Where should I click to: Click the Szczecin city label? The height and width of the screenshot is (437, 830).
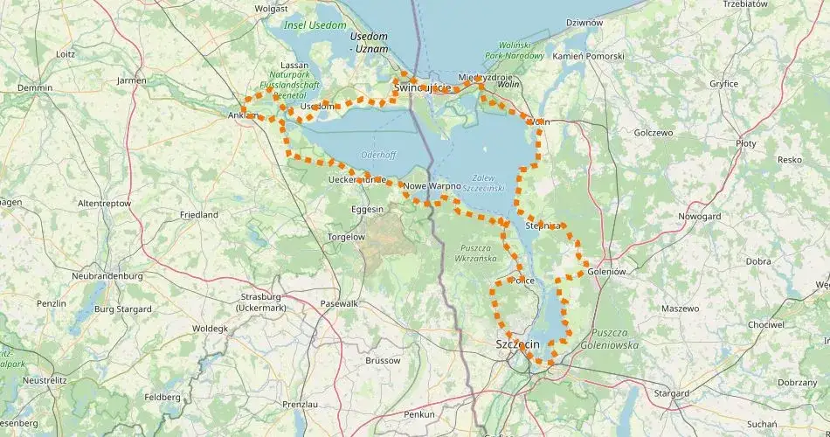pyautogui.click(x=517, y=343)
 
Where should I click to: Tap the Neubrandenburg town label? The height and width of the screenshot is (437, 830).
pyautogui.click(x=107, y=275)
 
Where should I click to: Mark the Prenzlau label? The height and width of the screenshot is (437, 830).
pyautogui.click(x=300, y=404)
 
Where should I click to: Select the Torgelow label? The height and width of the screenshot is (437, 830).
pyautogui.click(x=345, y=237)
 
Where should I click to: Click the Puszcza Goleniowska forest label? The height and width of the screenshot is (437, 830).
pyautogui.click(x=614, y=339)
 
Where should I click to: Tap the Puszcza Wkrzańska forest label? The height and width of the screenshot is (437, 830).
pyautogui.click(x=476, y=253)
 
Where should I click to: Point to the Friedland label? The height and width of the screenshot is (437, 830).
pyautogui.click(x=198, y=214)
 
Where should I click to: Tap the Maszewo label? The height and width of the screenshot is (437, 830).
pyautogui.click(x=680, y=309)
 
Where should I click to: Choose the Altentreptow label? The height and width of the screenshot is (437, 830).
pyautogui.click(x=104, y=203)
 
